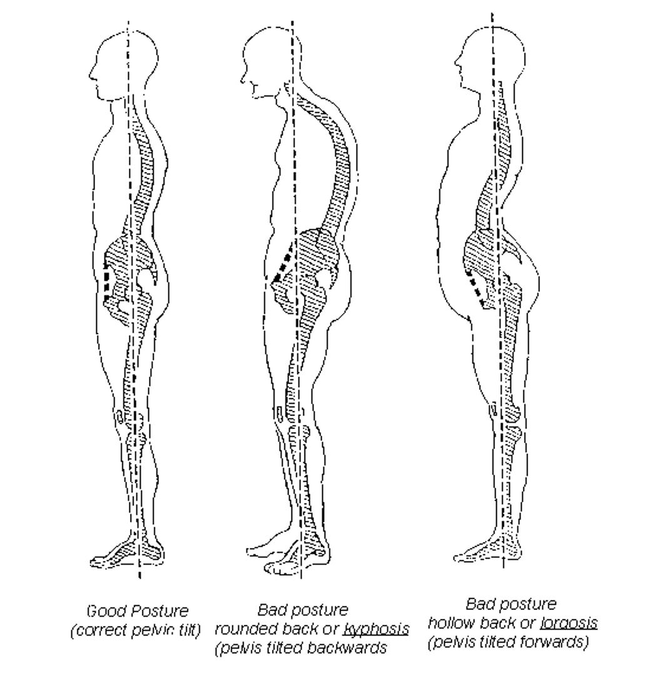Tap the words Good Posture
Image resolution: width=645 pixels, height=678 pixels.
click(138, 610)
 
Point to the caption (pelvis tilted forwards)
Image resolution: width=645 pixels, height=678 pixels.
click(508, 643)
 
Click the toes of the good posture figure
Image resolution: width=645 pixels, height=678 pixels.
click(100, 559)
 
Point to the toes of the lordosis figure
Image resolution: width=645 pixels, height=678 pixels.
click(464, 555)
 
